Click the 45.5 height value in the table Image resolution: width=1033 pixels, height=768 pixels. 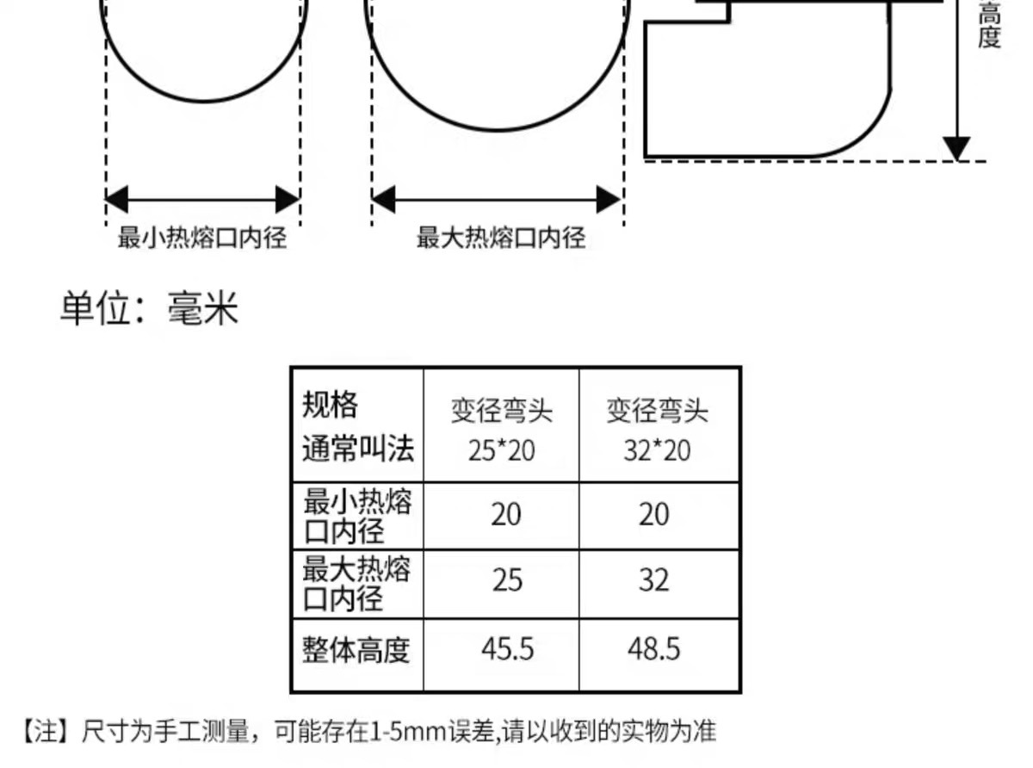click(x=507, y=648)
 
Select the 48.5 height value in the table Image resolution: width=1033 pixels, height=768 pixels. click(x=654, y=648)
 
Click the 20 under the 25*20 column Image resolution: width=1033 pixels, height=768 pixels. click(x=506, y=515)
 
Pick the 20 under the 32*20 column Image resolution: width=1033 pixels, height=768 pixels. click(x=654, y=515)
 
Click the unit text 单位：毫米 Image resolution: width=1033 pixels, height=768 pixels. click(x=149, y=309)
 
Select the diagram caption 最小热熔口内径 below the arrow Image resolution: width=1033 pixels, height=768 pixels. click(x=202, y=238)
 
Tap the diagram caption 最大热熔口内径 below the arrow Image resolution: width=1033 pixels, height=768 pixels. click(x=501, y=238)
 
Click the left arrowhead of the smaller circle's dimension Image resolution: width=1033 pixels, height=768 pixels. click(x=115, y=200)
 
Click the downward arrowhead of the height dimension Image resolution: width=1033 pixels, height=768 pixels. click(x=956, y=148)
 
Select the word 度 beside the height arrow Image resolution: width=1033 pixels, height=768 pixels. click(x=990, y=39)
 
